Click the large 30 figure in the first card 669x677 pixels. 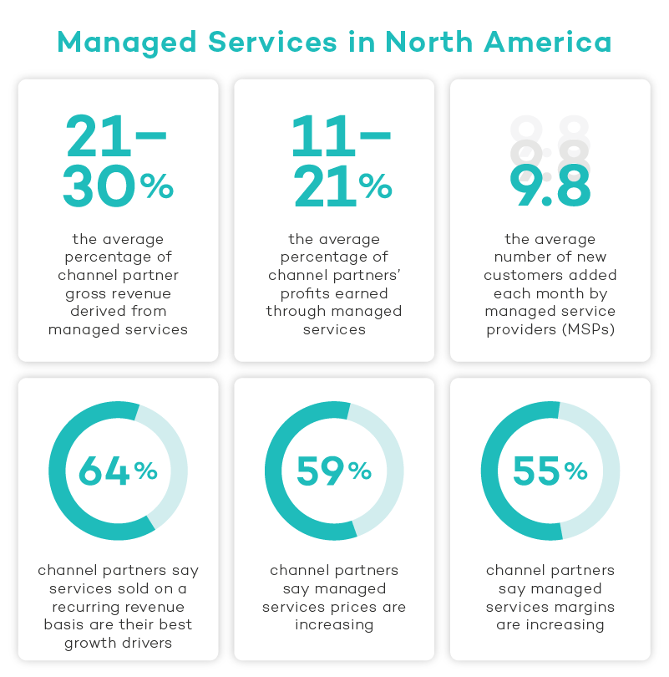99,186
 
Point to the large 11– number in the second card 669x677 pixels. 340,135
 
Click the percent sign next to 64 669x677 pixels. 145,472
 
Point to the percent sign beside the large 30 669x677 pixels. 156,187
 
